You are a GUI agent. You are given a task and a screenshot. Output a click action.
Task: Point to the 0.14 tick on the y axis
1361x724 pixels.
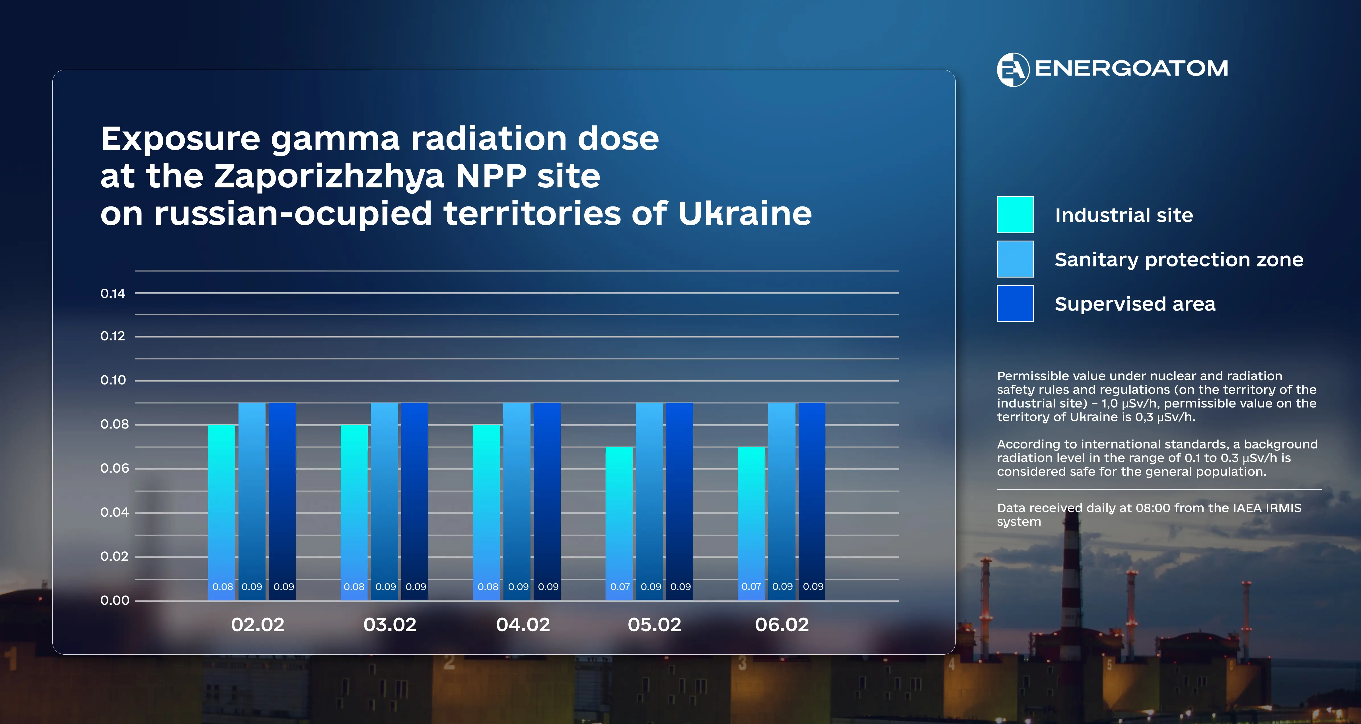click(x=113, y=294)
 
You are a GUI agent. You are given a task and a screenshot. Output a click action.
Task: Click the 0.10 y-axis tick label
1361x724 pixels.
click(x=113, y=380)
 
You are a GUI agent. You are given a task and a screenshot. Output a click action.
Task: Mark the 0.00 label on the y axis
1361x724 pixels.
click(x=115, y=600)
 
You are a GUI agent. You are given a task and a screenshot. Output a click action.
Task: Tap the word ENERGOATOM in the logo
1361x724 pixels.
click(x=1131, y=69)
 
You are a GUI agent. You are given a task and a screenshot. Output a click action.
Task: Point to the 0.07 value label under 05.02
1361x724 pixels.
click(x=620, y=587)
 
